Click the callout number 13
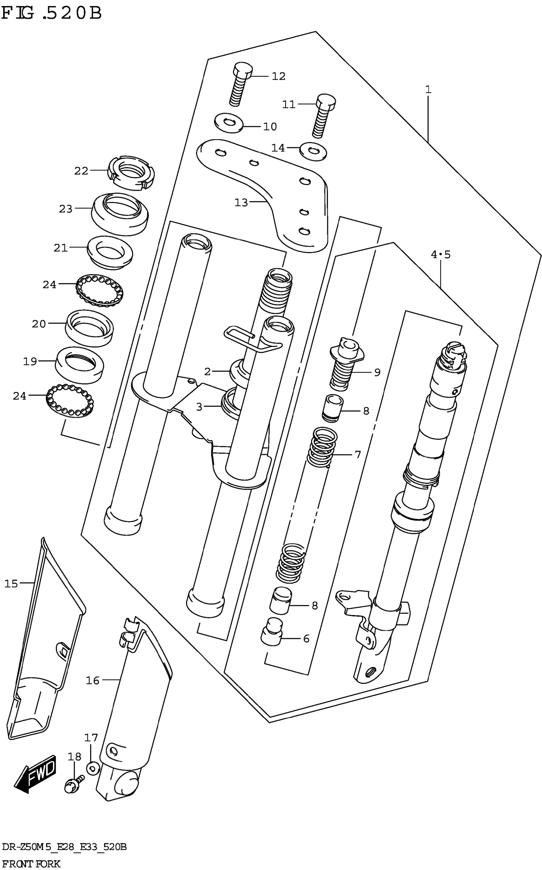coord(241,203)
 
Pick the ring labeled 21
coord(110,252)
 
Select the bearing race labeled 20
coord(90,328)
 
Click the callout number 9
coord(377,372)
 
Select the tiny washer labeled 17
coord(93,768)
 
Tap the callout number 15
coord(11,584)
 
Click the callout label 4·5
coord(441,255)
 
